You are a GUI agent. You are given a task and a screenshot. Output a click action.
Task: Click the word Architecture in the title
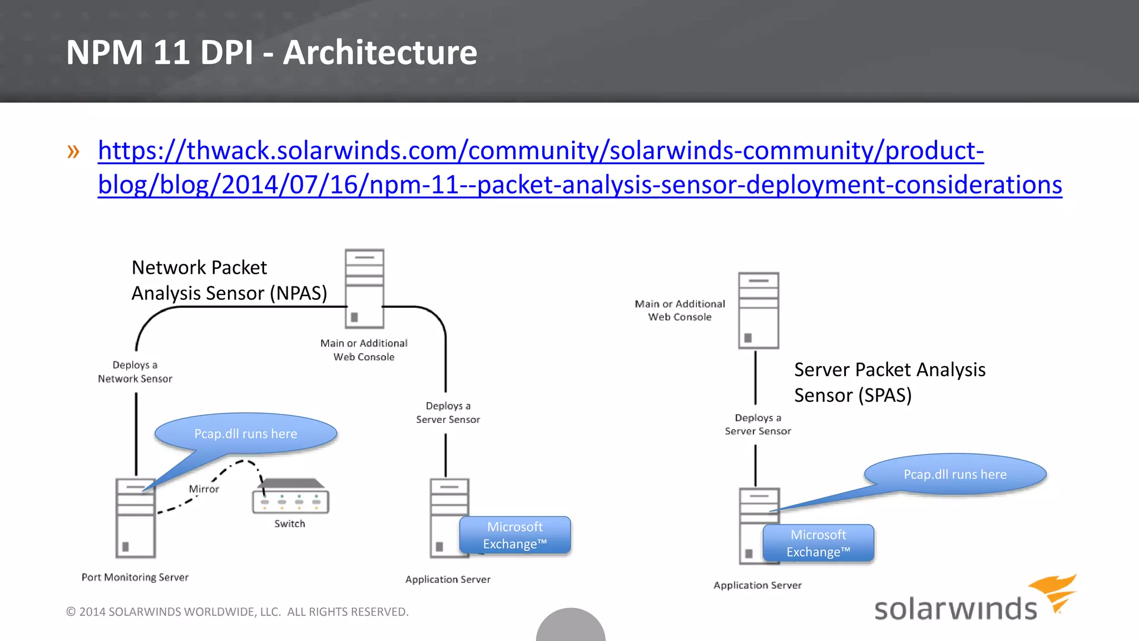coord(380,52)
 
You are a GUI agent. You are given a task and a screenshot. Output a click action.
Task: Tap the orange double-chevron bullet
coord(73,151)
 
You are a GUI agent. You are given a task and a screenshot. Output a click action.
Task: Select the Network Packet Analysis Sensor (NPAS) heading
coord(229,280)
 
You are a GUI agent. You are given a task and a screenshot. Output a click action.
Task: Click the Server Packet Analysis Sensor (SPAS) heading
coord(889,382)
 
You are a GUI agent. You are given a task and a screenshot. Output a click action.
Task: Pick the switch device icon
coord(291,496)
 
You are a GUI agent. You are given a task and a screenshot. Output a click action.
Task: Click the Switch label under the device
coord(290,524)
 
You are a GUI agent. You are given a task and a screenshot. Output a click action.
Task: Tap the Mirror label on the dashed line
coord(204,489)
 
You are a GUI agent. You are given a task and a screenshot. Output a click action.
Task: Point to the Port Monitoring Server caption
coord(135,577)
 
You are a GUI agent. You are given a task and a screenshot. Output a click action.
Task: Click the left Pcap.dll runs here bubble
coord(246,433)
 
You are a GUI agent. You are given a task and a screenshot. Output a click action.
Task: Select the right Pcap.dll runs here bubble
coord(955,474)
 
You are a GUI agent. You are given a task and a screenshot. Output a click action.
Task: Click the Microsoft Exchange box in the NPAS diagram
coord(515,535)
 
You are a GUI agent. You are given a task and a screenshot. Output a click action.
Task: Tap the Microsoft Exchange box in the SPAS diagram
coord(818,543)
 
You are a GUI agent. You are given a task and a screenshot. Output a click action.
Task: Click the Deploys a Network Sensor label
coord(135,372)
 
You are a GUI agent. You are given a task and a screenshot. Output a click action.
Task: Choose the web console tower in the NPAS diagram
coord(364,288)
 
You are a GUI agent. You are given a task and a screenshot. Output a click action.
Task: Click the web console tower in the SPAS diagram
coord(758,310)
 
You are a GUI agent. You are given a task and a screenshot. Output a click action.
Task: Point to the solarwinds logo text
coord(955,609)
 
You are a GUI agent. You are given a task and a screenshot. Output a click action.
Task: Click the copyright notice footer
coord(237,612)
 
